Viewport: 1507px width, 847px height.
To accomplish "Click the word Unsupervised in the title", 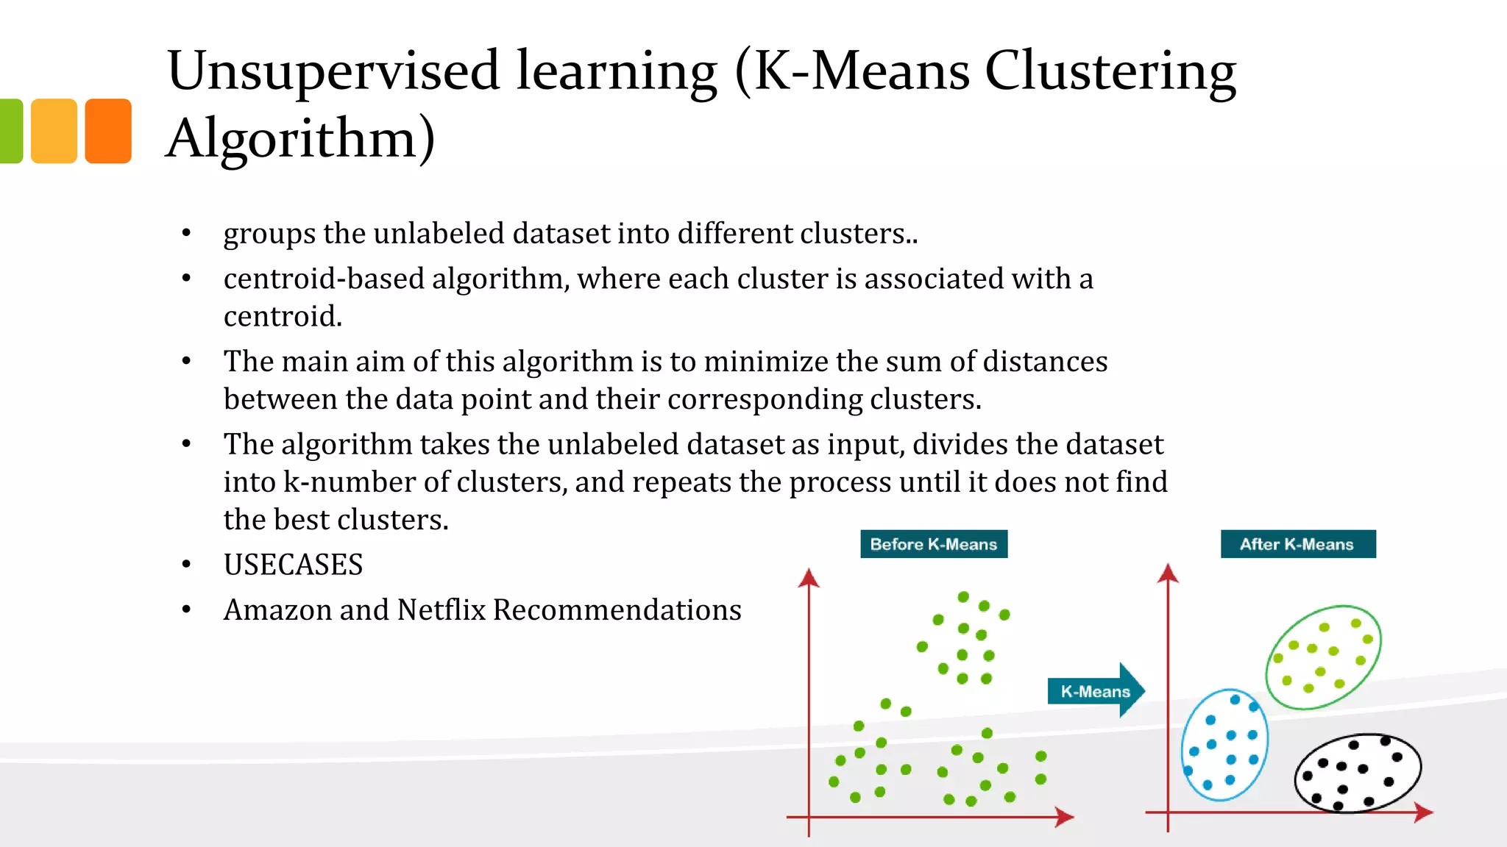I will [x=333, y=72].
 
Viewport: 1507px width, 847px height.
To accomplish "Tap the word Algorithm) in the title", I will [x=300, y=139].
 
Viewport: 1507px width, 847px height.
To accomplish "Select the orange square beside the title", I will [x=108, y=131].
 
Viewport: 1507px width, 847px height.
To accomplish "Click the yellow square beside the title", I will [x=54, y=131].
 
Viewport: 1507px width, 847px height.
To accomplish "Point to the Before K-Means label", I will [x=933, y=544].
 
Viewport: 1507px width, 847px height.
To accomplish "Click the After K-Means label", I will [x=1297, y=544].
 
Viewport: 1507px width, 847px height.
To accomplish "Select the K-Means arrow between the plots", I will [x=1095, y=690].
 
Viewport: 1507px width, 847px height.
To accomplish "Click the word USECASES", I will [x=293, y=565].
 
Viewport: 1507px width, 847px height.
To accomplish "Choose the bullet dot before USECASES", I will [x=187, y=565].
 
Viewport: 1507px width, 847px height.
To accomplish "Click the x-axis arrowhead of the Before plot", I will [x=1065, y=817].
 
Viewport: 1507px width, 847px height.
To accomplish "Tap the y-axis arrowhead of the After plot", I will [x=1168, y=573].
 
